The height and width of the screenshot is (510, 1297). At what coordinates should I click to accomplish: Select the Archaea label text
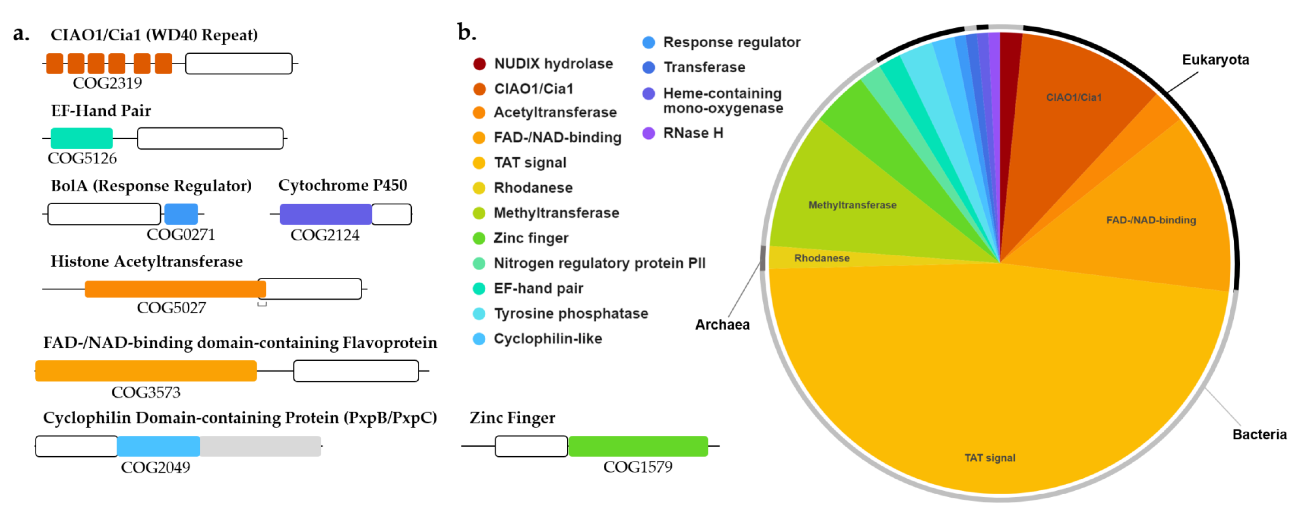point(722,325)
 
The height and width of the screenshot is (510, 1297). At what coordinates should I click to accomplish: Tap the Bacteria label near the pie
point(1259,434)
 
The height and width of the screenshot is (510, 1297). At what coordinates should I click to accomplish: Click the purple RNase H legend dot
point(648,133)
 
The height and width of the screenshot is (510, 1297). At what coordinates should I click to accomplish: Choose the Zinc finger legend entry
point(531,238)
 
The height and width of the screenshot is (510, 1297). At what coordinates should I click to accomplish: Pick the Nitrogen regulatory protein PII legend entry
point(599,263)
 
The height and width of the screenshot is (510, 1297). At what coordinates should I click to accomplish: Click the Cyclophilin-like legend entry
point(547,339)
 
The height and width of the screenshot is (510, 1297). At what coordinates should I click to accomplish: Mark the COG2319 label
point(107,83)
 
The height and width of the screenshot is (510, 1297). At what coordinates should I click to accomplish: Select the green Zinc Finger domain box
point(638,446)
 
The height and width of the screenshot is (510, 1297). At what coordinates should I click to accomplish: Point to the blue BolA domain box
point(181,214)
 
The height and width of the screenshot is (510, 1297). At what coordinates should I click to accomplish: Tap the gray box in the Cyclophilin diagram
point(260,446)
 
